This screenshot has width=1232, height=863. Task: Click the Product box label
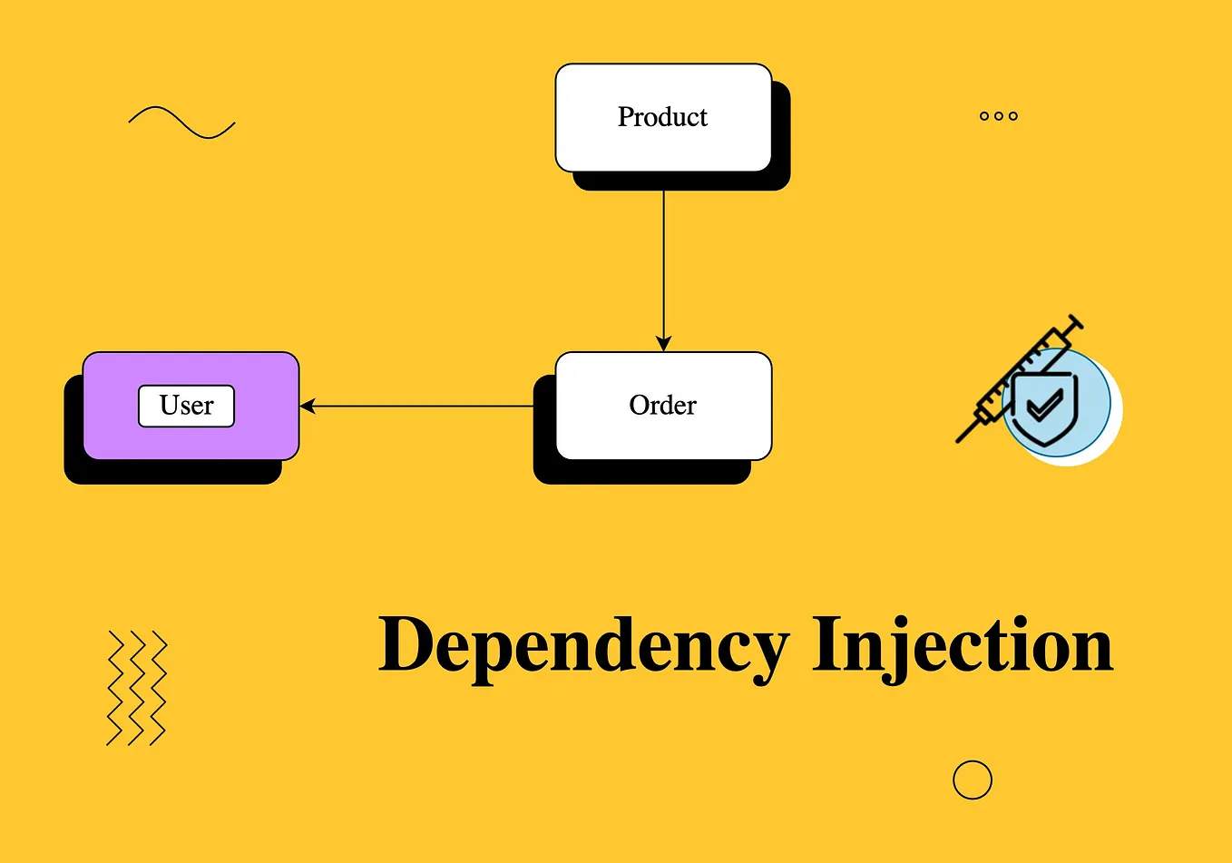click(x=662, y=117)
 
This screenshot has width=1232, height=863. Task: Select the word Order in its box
click(x=662, y=405)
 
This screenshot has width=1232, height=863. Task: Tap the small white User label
click(x=186, y=406)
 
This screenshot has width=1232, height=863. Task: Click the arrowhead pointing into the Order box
click(x=663, y=344)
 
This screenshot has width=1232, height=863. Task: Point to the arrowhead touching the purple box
click(x=308, y=406)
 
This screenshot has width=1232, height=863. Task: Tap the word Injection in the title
click(x=962, y=646)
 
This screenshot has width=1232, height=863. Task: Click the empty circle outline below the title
click(x=973, y=780)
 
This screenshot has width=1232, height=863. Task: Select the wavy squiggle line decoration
click(x=181, y=123)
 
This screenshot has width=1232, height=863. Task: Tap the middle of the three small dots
click(x=999, y=116)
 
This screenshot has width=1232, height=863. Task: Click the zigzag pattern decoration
click(x=137, y=688)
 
